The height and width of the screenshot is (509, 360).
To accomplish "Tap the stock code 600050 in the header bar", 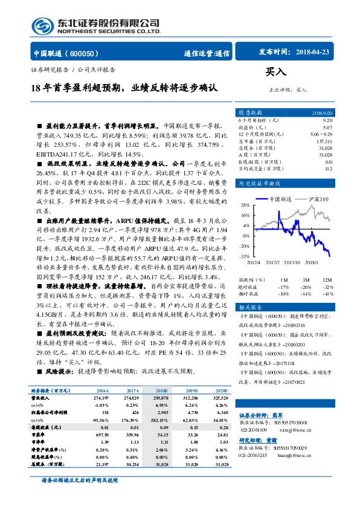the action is click(x=89, y=53).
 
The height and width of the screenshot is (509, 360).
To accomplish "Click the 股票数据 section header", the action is click(x=250, y=113).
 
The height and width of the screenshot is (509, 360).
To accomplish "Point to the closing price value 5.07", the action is click(x=327, y=128).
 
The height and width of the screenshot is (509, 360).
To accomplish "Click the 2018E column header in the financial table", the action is click(x=162, y=391).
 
